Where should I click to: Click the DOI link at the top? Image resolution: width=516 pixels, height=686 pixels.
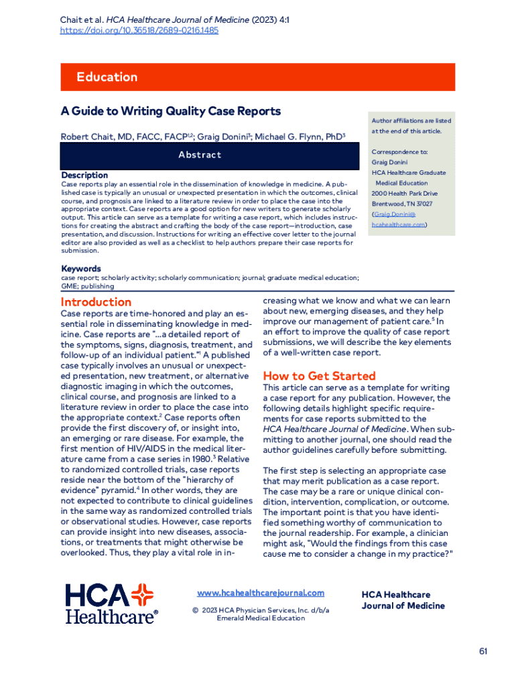(x=139, y=30)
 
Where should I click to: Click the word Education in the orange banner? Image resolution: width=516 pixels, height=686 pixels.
(x=107, y=77)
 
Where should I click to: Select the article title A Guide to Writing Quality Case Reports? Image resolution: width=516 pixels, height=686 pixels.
(x=170, y=111)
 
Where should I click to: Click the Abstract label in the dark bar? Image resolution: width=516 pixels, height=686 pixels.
(x=200, y=155)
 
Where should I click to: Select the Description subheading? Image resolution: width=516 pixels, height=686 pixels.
(x=84, y=175)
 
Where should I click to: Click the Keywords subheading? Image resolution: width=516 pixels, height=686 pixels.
(x=81, y=269)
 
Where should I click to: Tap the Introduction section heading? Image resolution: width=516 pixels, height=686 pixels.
(x=96, y=301)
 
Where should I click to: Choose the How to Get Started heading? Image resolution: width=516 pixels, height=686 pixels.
(x=319, y=376)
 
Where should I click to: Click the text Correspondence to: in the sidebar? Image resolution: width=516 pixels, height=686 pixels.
(x=399, y=152)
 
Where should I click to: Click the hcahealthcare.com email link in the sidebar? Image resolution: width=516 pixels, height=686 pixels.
(x=398, y=224)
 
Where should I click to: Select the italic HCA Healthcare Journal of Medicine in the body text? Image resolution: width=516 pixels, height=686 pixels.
(x=335, y=429)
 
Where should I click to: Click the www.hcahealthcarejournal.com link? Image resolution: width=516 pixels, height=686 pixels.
(x=260, y=593)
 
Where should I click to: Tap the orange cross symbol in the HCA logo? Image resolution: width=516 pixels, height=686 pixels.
(x=141, y=595)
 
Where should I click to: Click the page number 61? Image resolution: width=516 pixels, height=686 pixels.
(x=484, y=651)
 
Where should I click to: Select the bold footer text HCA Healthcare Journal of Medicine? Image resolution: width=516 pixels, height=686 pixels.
(x=403, y=600)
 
